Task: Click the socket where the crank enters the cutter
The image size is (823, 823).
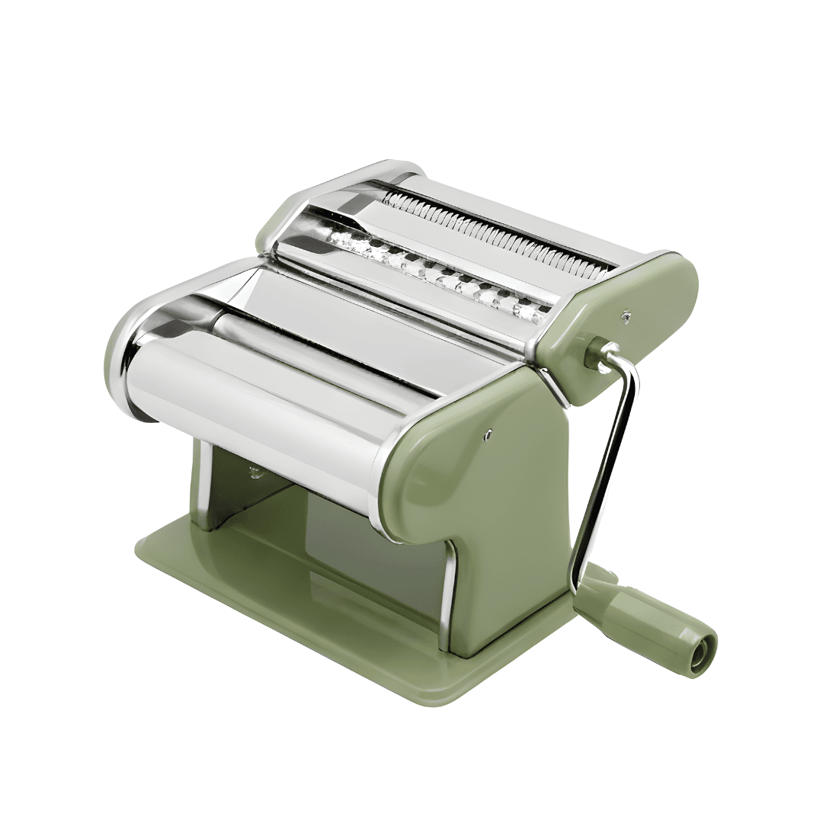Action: tap(595, 352)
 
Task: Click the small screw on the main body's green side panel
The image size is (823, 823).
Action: tap(488, 436)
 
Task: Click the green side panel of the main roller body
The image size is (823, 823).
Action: tap(488, 488)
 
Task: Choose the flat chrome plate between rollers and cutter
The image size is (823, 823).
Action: tap(366, 305)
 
